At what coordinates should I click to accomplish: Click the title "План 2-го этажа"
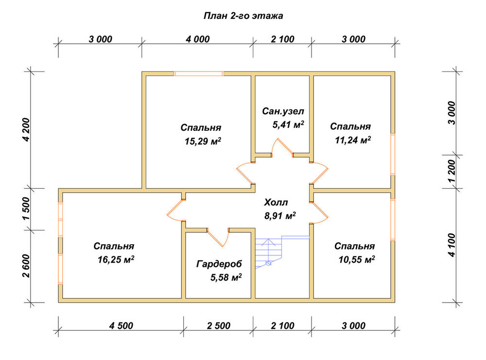[x=243, y=16]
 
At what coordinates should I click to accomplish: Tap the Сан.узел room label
[x=283, y=111]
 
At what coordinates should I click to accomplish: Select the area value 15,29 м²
[x=203, y=141]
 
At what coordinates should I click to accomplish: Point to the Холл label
[x=276, y=202]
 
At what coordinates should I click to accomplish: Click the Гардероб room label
[x=219, y=264]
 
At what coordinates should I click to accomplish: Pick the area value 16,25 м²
[x=116, y=259]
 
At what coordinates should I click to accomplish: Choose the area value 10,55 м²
[x=357, y=259]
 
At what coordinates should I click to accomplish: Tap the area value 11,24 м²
[x=353, y=140]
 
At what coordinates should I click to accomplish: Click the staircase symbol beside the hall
[x=281, y=252]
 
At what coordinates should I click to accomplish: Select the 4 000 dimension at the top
[x=198, y=39]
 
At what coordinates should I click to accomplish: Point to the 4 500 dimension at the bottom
[x=121, y=325]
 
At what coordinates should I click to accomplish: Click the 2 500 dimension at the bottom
[x=219, y=325]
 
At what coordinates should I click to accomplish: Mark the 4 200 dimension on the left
[x=27, y=130]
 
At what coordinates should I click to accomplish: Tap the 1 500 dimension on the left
[x=27, y=209]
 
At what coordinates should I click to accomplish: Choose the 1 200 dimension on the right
[x=451, y=171]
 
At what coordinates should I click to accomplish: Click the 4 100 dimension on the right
[x=451, y=245]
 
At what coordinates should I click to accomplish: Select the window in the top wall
[x=198, y=73]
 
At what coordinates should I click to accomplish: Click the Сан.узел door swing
[x=282, y=147]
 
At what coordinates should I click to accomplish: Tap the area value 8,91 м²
[x=280, y=216]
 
